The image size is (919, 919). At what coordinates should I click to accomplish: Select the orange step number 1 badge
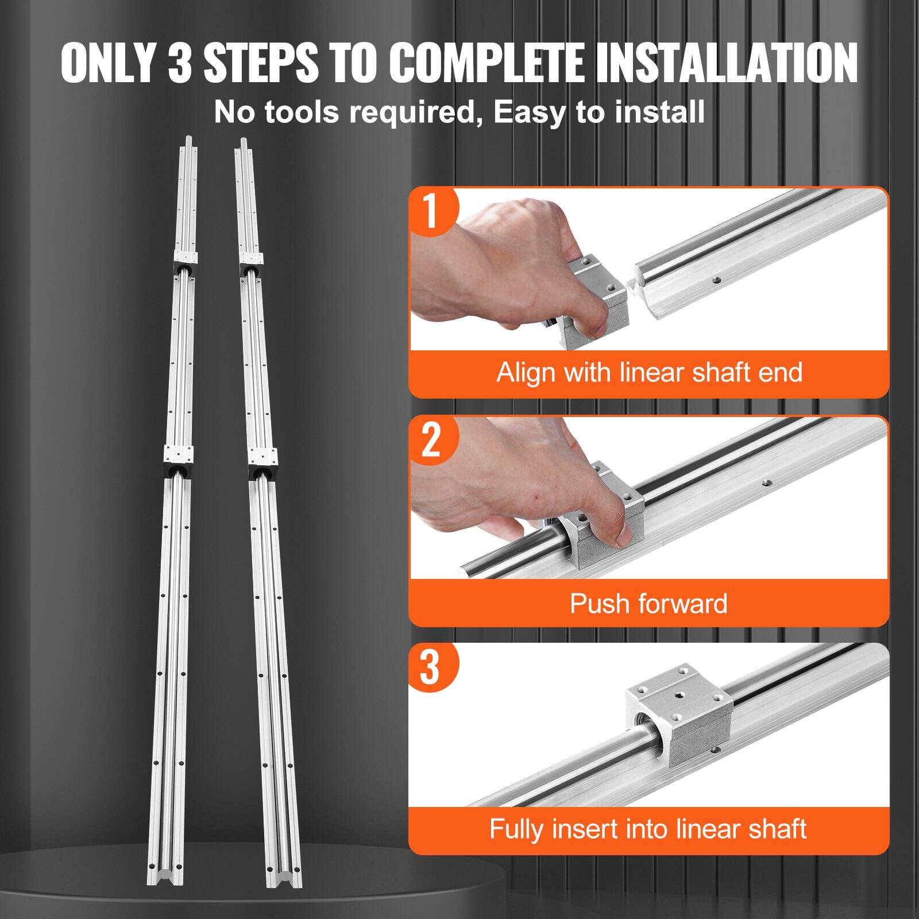(x=430, y=211)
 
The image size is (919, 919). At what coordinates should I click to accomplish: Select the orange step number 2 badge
(x=430, y=439)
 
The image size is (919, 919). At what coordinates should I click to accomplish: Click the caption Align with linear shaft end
(x=648, y=372)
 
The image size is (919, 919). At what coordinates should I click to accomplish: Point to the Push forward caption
(x=648, y=604)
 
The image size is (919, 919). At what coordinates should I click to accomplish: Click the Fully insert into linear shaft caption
(x=648, y=829)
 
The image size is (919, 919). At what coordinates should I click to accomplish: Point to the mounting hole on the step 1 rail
(x=716, y=280)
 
